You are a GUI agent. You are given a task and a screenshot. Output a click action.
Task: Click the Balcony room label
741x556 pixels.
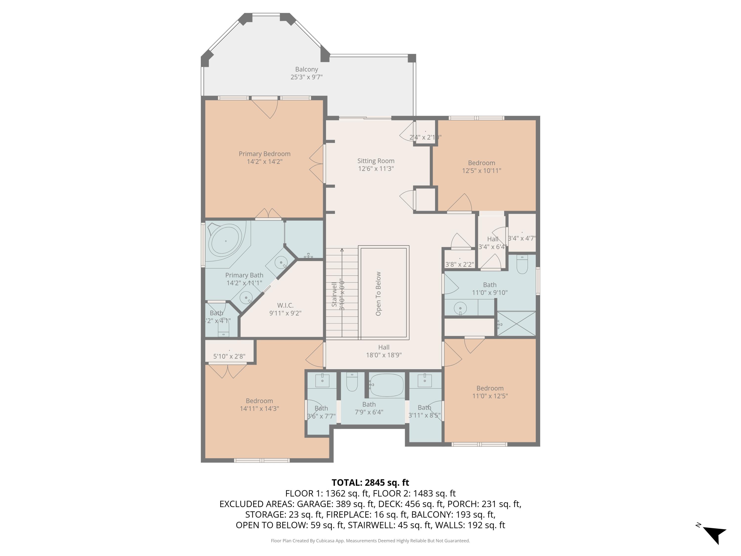click(x=306, y=69)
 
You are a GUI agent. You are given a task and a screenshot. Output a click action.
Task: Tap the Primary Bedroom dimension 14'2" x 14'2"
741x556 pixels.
click(x=264, y=162)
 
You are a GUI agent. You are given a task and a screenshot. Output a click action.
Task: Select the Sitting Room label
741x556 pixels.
click(x=375, y=161)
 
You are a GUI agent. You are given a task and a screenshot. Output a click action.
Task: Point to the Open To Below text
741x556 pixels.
click(x=378, y=294)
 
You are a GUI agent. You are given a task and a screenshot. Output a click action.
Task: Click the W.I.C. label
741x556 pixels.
click(x=285, y=305)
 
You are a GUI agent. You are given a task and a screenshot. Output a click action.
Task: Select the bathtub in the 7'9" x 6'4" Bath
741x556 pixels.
click(x=387, y=385)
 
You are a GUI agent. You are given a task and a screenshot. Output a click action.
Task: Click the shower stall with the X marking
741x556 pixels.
click(x=516, y=323)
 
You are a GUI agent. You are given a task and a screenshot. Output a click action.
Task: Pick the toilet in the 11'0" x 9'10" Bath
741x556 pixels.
click(x=522, y=264)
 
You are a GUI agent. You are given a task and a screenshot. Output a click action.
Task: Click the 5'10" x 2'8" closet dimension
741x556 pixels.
click(x=229, y=356)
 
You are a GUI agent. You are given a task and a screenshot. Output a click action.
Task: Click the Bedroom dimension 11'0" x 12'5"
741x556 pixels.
click(x=490, y=396)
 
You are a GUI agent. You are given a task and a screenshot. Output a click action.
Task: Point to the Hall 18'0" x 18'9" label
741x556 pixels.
click(x=384, y=351)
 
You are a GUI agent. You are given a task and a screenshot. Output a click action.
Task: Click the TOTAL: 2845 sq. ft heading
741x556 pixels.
click(x=370, y=482)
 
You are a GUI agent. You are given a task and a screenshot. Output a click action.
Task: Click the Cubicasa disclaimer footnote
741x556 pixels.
click(x=370, y=541)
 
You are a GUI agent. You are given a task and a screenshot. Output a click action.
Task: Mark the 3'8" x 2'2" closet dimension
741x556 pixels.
click(x=459, y=264)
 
